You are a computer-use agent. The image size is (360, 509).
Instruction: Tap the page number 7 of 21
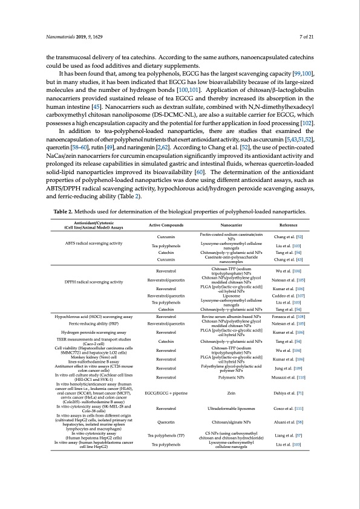click(306, 37)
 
